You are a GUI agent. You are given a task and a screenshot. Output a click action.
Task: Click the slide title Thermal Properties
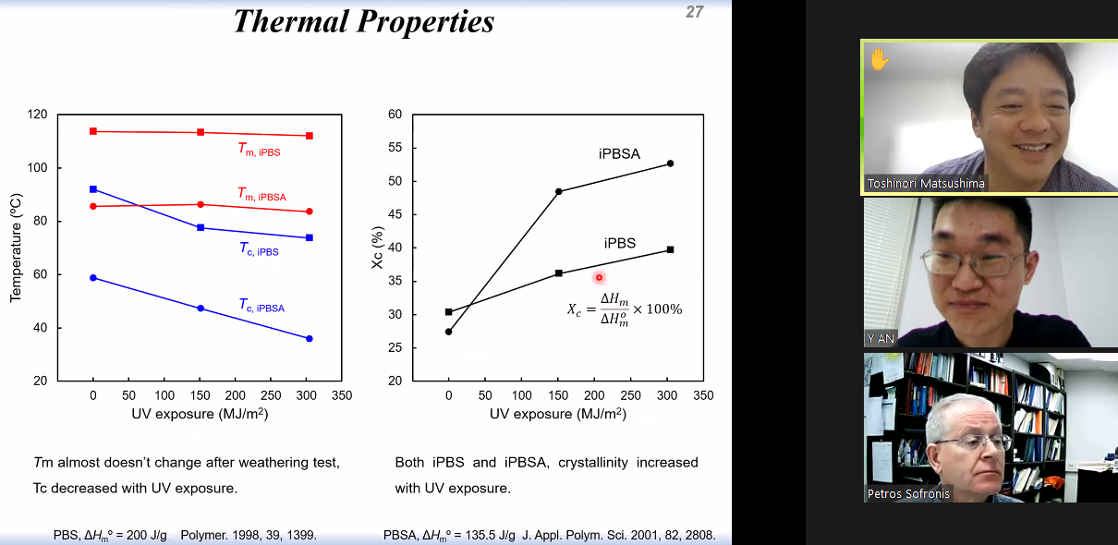pyautogui.click(x=363, y=21)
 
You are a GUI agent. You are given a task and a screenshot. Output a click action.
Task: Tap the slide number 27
pyautogui.click(x=695, y=12)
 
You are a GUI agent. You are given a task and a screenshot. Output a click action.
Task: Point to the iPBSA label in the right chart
pyautogui.click(x=619, y=153)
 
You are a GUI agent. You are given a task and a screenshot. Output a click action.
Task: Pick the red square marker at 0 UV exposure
pyautogui.click(x=93, y=131)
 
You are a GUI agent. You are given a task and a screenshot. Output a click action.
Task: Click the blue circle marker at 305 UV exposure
pyautogui.click(x=310, y=339)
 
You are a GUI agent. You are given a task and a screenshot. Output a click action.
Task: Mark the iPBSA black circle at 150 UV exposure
pyautogui.click(x=558, y=191)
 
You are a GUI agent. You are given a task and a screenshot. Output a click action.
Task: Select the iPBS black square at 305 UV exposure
pyautogui.click(x=670, y=249)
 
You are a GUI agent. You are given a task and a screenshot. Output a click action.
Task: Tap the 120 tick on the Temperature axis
pyautogui.click(x=38, y=115)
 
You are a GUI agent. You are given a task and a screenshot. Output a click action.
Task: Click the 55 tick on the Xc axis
pyautogui.click(x=395, y=148)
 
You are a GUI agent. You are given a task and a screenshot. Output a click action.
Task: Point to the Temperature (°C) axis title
pyautogui.click(x=16, y=248)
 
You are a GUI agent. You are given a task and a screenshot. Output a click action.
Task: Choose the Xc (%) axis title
pyautogui.click(x=377, y=248)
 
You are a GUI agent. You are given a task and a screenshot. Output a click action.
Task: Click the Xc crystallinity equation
pyautogui.click(x=625, y=309)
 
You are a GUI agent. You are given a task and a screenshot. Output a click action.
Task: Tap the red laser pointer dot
pyautogui.click(x=599, y=277)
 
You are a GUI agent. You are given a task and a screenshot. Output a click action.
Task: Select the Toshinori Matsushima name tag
pyautogui.click(x=926, y=183)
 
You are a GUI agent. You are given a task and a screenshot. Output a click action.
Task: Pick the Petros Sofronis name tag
pyautogui.click(x=908, y=493)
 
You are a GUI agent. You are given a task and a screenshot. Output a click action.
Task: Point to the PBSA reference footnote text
pyautogui.click(x=549, y=535)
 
